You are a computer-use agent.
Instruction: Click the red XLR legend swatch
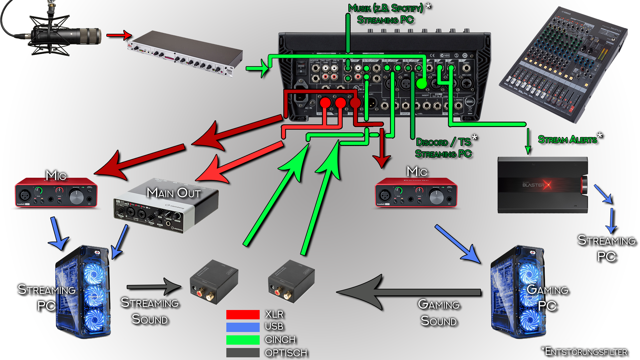coord(243,314)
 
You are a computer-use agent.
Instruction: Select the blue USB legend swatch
coord(243,327)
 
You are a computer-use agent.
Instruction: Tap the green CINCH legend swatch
coord(243,340)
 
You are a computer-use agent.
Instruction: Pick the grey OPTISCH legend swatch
coord(243,352)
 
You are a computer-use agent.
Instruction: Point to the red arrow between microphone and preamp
coord(119,35)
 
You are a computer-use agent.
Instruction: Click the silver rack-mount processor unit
coord(185,53)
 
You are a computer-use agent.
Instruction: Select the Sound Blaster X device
coord(543,185)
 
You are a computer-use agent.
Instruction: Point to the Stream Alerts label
coord(567,139)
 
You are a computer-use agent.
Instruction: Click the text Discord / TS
coord(443,142)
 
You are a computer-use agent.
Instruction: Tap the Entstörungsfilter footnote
coord(585,352)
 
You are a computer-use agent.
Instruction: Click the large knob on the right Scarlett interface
coord(436,197)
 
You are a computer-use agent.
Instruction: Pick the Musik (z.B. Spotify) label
coord(386,8)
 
